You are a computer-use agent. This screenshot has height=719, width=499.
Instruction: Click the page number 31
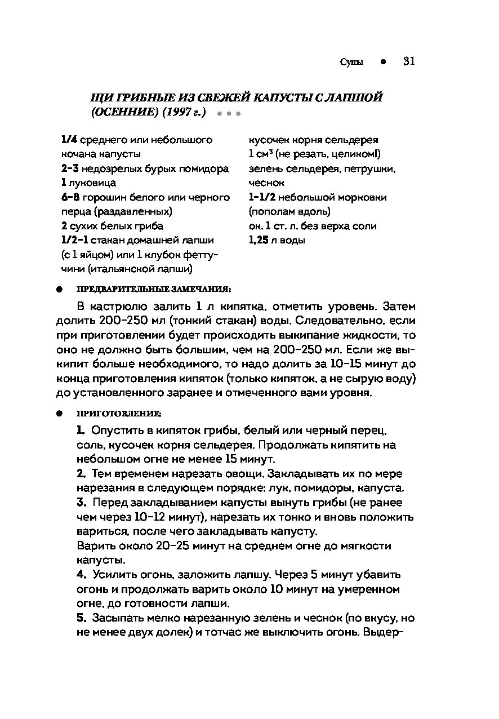409,61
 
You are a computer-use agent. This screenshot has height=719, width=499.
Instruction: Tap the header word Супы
352,62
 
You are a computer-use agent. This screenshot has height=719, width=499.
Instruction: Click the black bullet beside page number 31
382,62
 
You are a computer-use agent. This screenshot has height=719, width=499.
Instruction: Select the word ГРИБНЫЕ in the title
137,97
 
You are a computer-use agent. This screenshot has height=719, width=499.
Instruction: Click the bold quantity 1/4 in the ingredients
69,140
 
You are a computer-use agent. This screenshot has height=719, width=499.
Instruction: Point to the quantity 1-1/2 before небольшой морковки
261,197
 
